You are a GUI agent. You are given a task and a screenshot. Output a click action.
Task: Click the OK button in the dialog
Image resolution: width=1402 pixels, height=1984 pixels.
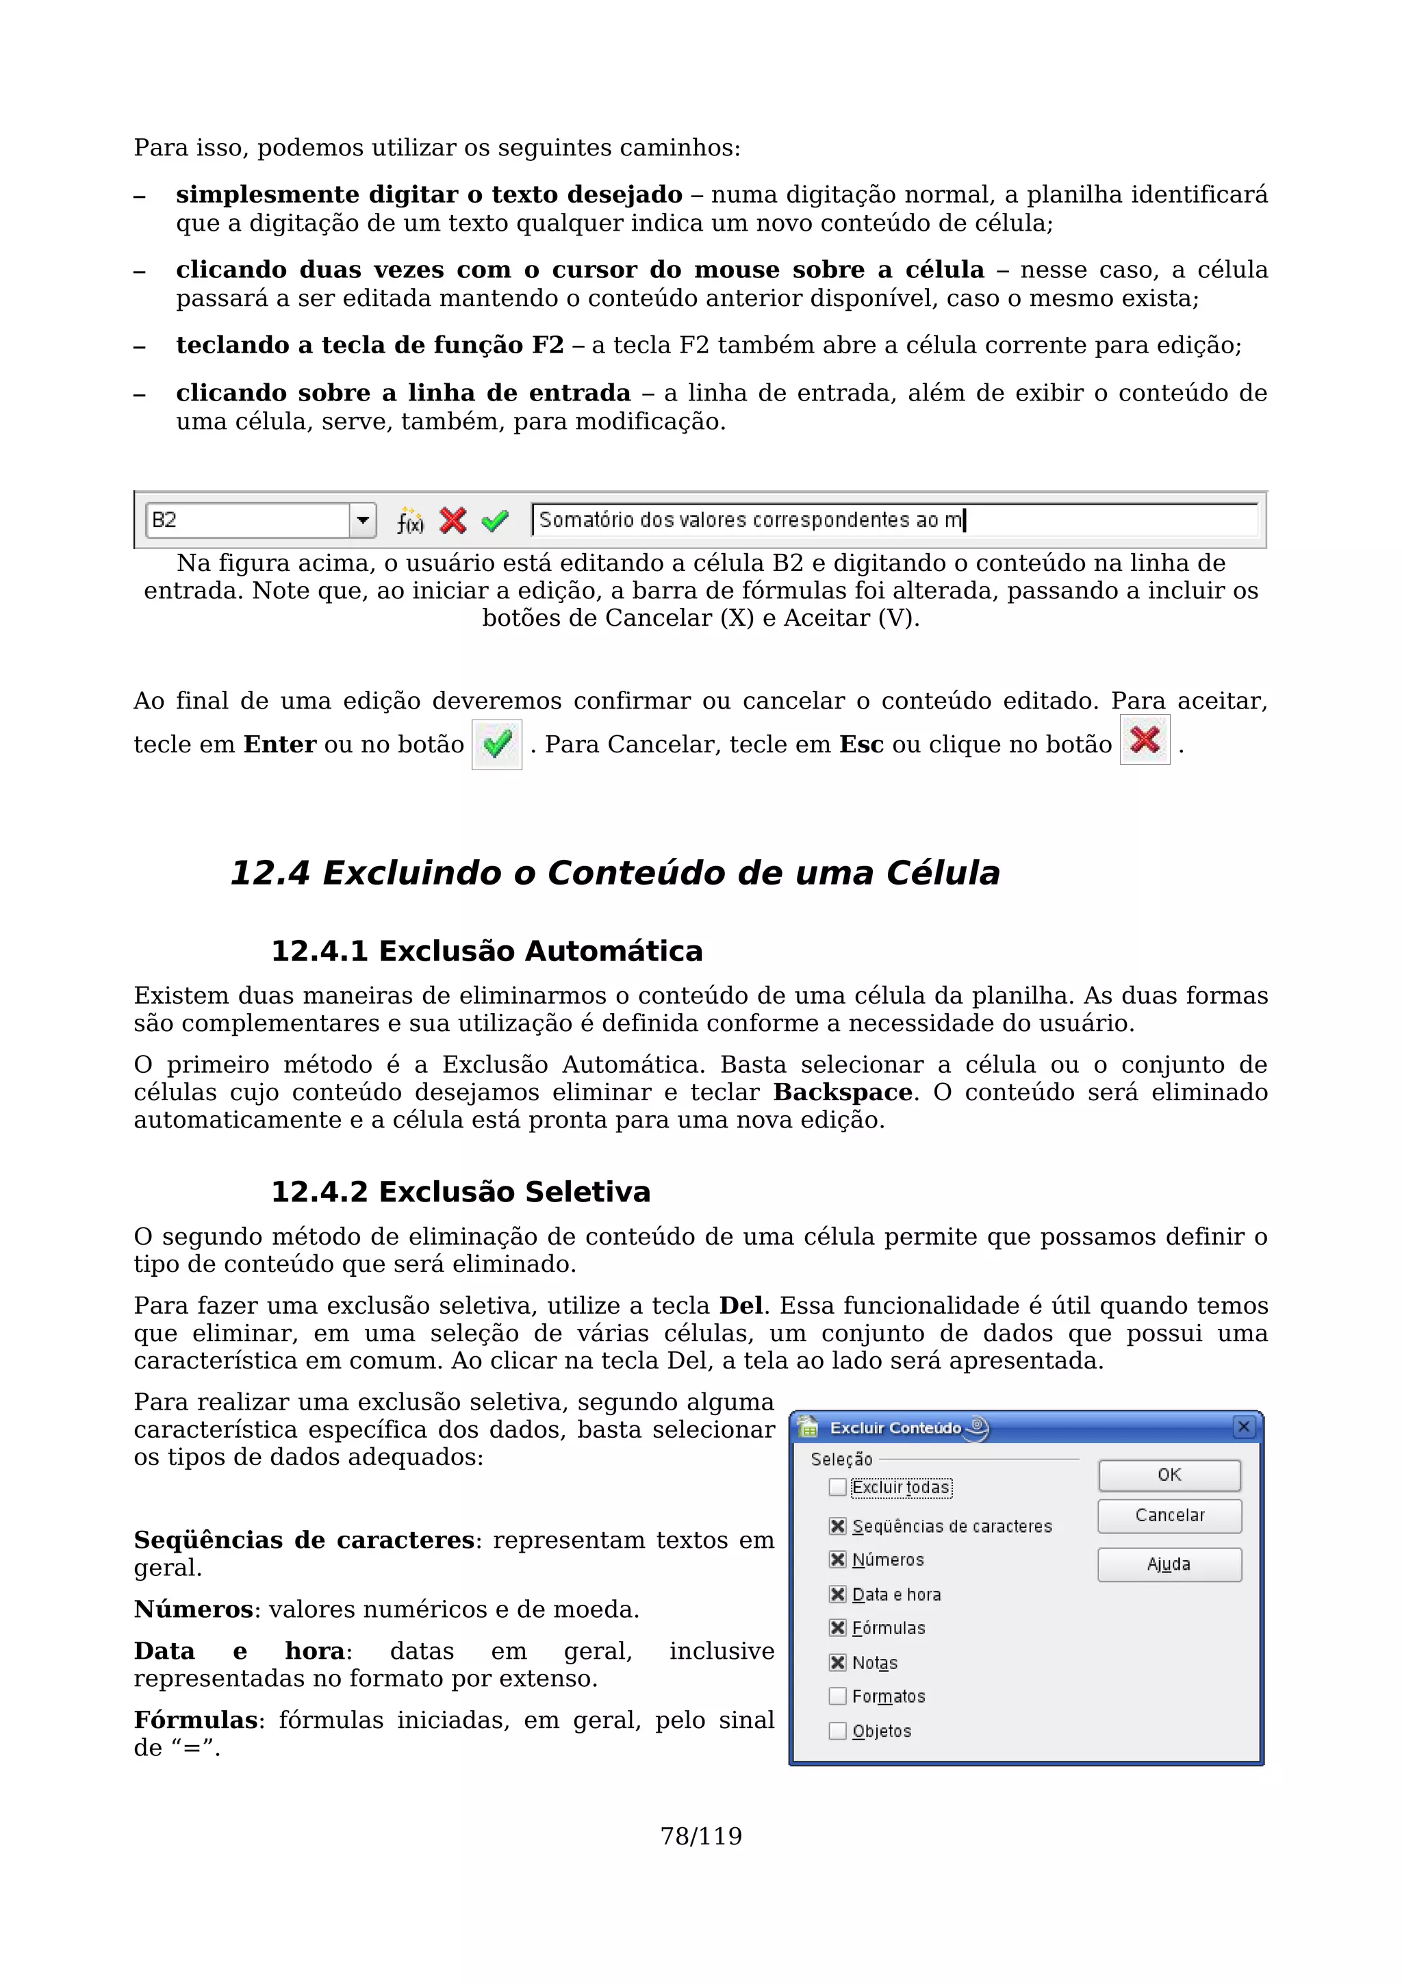1169,1475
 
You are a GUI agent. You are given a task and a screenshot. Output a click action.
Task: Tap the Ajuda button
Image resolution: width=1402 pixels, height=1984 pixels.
1169,1564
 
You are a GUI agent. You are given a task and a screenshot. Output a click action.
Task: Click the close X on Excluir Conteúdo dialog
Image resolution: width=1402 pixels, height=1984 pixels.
1243,1427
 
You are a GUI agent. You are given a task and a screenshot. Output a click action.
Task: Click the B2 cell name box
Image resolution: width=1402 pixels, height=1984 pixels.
247,520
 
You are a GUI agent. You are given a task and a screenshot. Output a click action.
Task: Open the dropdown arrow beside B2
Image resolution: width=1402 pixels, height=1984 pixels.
363,520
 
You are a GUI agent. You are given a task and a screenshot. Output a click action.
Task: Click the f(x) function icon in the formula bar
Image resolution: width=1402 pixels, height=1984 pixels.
409,521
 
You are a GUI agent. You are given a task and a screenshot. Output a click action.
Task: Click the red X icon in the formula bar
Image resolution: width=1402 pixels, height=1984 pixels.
453,520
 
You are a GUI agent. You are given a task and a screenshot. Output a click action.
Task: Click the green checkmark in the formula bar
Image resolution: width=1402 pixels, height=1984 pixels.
495,521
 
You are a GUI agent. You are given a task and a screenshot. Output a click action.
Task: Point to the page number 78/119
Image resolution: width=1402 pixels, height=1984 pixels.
700,1836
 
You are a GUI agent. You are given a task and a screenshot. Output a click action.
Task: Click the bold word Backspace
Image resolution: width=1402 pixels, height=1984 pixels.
842,1092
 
